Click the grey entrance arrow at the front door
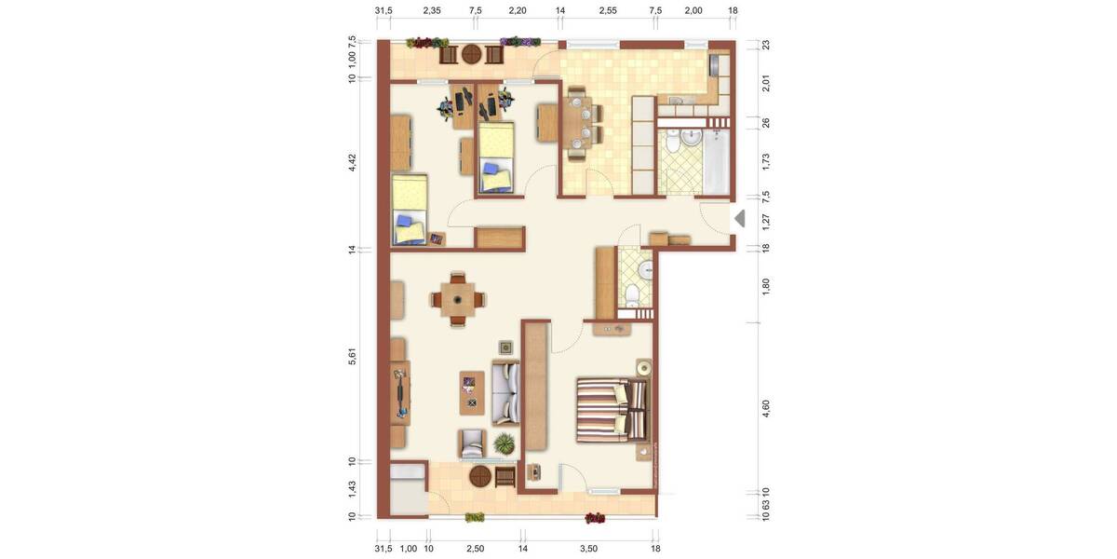tap(740, 219)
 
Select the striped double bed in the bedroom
tap(611, 409)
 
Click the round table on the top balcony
tap(472, 54)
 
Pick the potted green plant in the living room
tap(505, 443)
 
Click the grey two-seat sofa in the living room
tap(505, 393)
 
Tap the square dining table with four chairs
tap(457, 299)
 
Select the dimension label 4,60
tap(765, 411)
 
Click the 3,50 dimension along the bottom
tap(588, 549)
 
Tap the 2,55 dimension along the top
tap(607, 10)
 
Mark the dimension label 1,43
tap(353, 488)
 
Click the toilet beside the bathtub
tap(690, 140)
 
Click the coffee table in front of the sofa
tap(472, 392)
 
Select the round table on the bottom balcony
tap(480, 477)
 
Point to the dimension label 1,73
tap(765, 160)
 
